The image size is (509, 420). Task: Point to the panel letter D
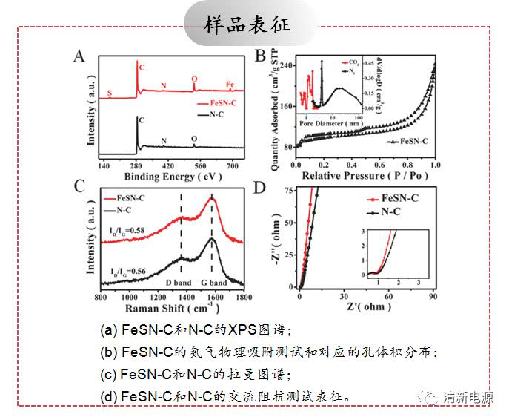point(260,187)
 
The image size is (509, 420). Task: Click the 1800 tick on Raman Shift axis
point(243,297)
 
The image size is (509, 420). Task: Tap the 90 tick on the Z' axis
point(433,297)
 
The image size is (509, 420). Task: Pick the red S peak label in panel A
point(110,93)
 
